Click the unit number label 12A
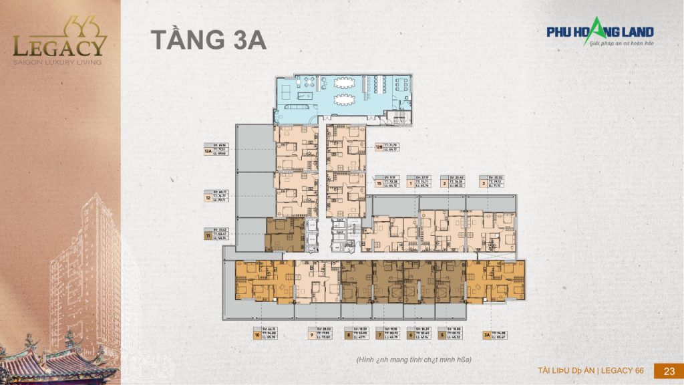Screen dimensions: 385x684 [208, 152]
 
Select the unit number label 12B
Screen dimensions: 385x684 [379, 146]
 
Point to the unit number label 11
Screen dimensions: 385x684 [208, 235]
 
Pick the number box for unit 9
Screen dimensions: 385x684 [311, 336]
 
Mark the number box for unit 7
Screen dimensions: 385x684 [379, 336]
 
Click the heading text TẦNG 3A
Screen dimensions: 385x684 [208, 39]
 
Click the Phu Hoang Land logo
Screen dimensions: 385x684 [600, 33]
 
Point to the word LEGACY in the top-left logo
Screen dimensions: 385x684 [59, 47]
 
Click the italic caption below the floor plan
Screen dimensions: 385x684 [413, 360]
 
